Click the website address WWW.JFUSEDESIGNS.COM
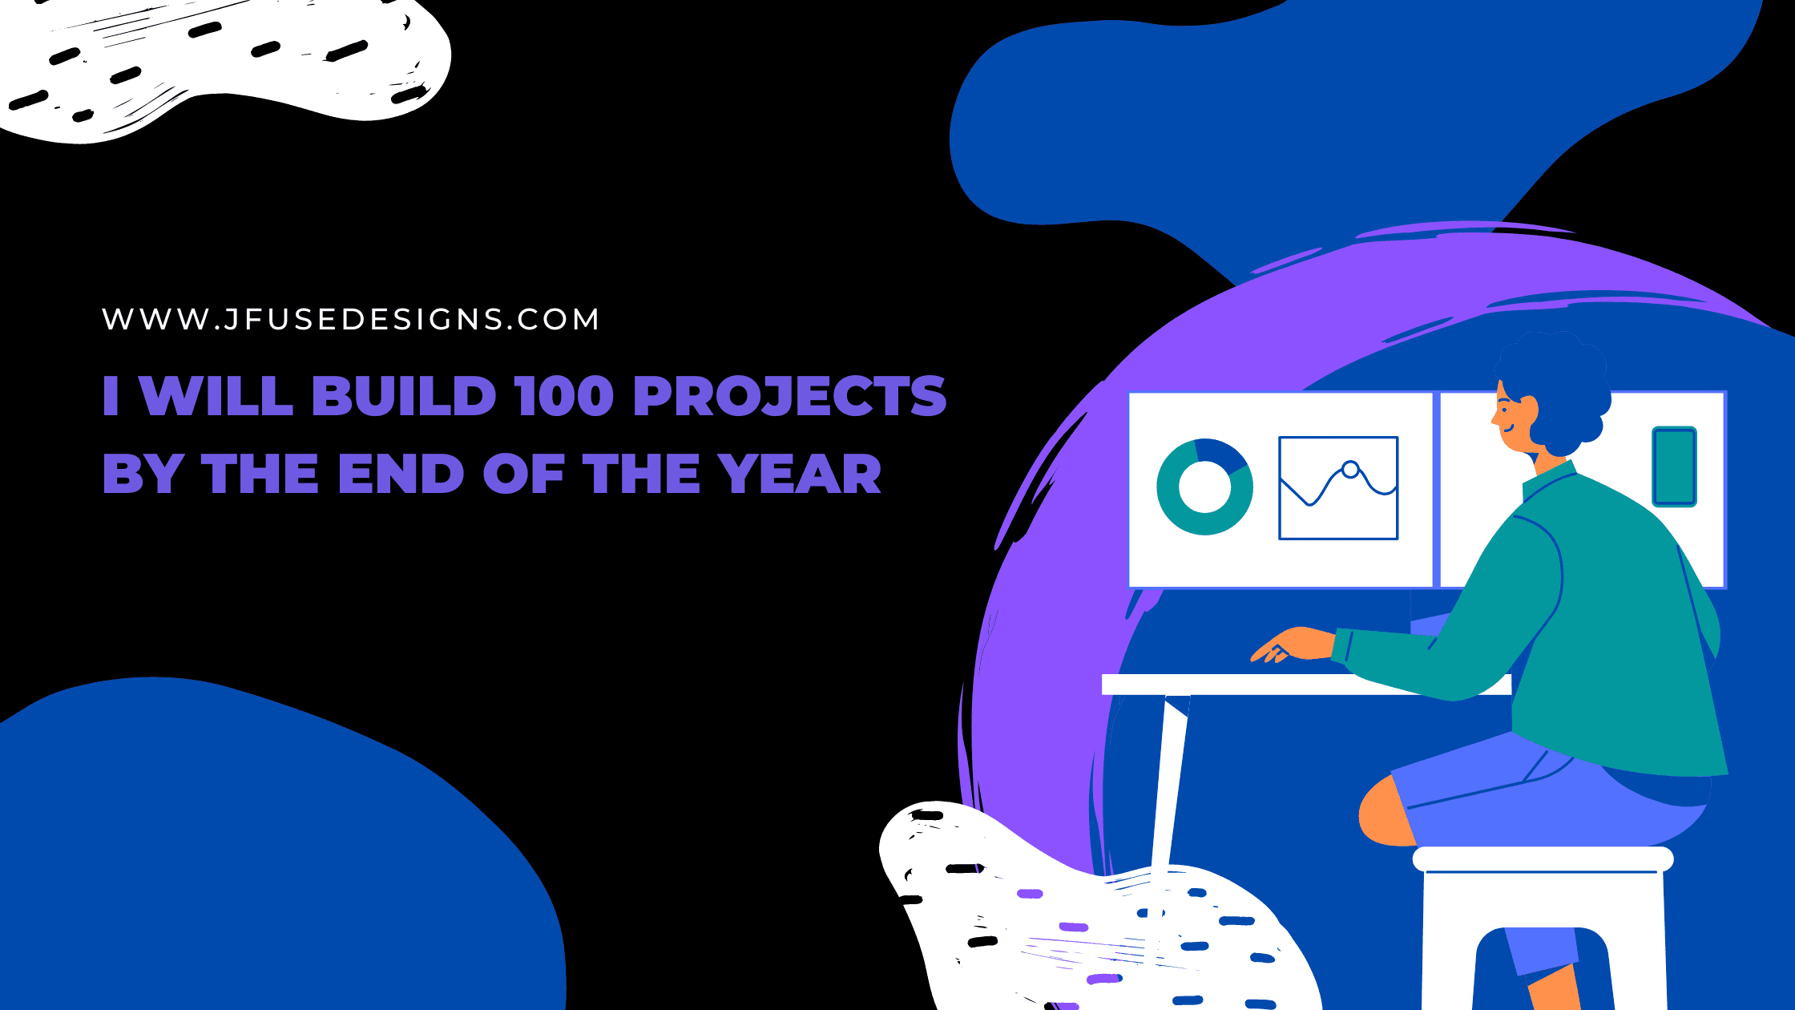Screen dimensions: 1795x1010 tap(350, 319)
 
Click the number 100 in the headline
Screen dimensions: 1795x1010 tap(564, 396)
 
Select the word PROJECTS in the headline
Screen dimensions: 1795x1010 tap(790, 396)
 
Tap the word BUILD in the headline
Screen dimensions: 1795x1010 tap(405, 396)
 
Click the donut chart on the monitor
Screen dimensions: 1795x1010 tap(1204, 486)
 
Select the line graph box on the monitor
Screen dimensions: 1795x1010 tap(1338, 488)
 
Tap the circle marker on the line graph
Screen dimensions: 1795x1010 tap(1350, 470)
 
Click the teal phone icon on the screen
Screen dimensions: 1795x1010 tap(1674, 467)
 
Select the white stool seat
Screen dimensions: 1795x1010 tap(1543, 859)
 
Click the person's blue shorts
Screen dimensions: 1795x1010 tap(1547, 794)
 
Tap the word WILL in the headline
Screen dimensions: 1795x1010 tap(216, 396)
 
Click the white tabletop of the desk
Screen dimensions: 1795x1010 tap(1306, 685)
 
